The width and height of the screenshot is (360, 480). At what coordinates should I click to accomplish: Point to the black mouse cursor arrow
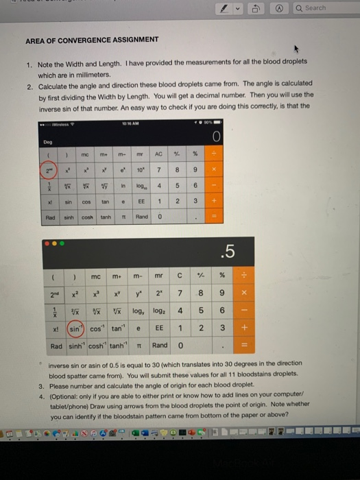click(298, 49)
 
